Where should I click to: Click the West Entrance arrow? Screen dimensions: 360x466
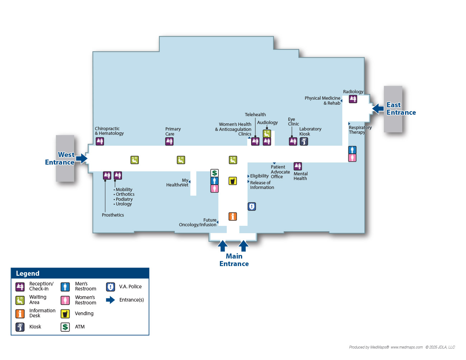pos(82,158)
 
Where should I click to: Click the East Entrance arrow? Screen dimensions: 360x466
pos(378,108)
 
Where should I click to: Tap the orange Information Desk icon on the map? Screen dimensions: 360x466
pos(233,217)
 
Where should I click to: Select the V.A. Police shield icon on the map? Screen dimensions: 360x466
pos(252,207)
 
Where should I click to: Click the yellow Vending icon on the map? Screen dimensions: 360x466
pos(233,181)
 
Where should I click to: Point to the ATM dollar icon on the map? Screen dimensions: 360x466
pos(215,173)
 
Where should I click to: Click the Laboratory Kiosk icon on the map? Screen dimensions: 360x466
pos(304,141)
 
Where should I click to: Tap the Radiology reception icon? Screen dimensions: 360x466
pos(353,99)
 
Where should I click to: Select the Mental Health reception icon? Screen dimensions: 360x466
pos(298,166)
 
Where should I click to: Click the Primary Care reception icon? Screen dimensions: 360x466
pos(169,141)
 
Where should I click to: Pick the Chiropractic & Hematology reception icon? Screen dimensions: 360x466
pos(100,141)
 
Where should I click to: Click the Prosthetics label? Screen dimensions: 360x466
pos(113,215)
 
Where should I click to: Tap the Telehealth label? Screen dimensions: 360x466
pos(255,115)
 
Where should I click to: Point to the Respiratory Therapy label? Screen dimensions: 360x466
pos(360,130)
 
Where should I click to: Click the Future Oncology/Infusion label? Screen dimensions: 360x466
pos(198,222)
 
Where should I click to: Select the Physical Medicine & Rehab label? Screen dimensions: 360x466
pos(323,100)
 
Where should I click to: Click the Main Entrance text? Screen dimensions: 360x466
pos(234,260)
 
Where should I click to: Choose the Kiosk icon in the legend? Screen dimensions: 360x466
pos(20,327)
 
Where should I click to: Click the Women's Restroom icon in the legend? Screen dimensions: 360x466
pos(65,300)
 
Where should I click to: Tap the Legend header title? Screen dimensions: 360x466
pos(28,274)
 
